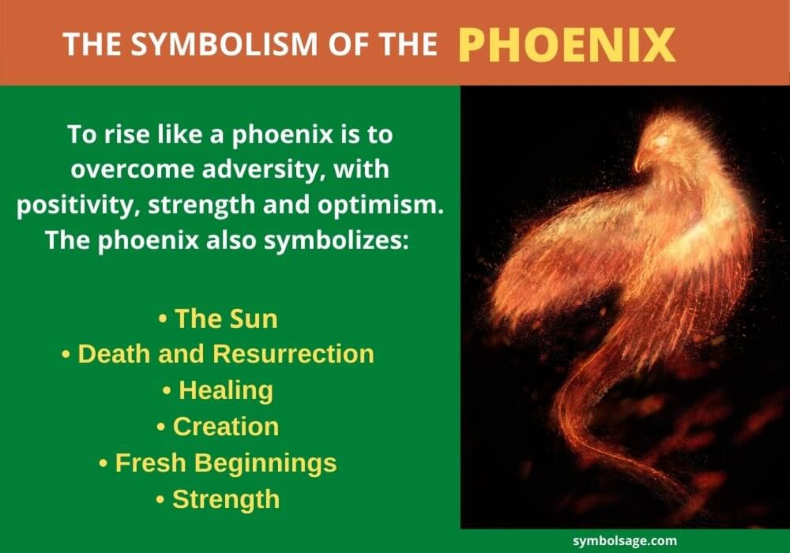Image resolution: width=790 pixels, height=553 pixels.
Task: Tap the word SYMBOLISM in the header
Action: click(x=224, y=44)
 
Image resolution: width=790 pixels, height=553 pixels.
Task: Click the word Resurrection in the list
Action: click(x=293, y=354)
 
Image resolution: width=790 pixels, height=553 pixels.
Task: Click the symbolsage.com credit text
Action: click(x=624, y=541)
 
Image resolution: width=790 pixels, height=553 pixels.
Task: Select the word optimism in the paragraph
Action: click(x=380, y=205)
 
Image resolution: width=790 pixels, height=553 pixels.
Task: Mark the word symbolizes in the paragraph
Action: click(x=335, y=240)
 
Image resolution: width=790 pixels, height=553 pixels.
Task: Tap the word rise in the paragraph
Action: click(x=125, y=135)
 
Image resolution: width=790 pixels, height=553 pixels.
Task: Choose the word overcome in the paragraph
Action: click(x=132, y=170)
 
